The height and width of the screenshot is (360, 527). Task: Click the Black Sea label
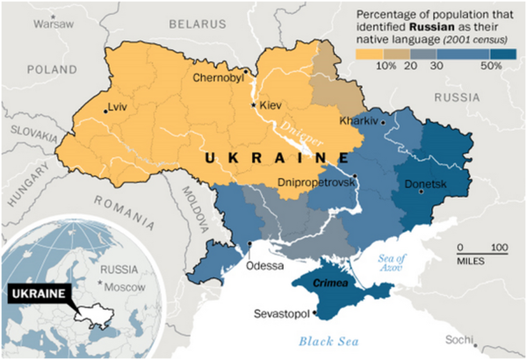324,341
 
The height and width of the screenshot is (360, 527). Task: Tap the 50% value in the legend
492,65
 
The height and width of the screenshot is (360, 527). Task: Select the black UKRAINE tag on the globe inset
38,294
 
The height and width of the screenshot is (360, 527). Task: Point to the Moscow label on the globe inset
126,287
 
